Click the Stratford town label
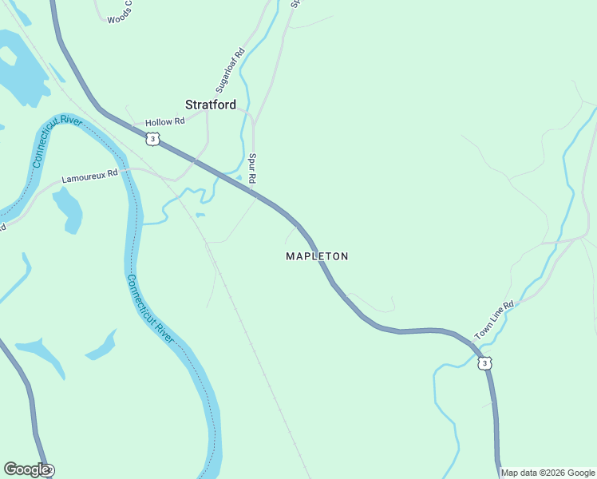tap(211, 105)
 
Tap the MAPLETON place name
tap(317, 256)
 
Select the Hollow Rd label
tap(165, 121)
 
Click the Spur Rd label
tap(252, 169)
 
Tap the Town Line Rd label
tap(495, 320)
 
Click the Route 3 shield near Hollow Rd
tap(153, 139)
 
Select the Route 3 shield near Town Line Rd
tap(484, 363)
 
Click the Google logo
tap(26, 469)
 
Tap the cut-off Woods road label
tap(119, 17)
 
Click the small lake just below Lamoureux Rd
tap(68, 208)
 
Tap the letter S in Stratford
tap(189, 105)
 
